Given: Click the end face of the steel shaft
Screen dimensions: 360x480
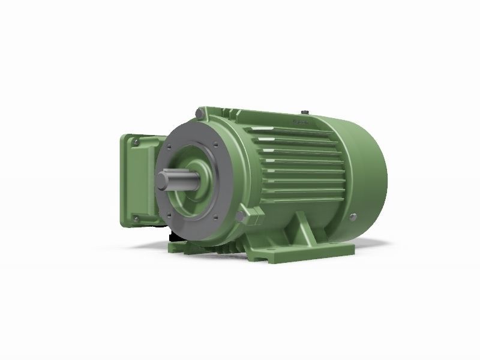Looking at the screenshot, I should pos(164,181).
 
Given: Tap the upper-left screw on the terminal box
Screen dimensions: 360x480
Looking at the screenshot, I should pos(137,142).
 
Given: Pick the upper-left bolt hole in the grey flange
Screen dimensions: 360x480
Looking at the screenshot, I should pos(171,145).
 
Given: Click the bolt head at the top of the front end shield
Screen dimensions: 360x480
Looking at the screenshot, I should pos(202,112).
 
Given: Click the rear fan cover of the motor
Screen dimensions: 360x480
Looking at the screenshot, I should pos(360,168).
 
